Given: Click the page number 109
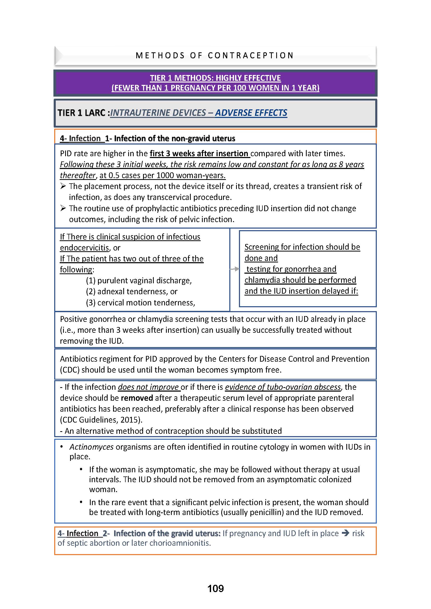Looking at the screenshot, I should (215, 589).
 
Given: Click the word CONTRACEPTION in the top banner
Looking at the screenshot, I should (250, 55).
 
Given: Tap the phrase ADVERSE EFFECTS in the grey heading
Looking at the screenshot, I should (251, 113).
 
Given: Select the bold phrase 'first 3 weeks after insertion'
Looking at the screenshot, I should (200, 153).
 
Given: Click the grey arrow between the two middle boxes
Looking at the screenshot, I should (234, 269).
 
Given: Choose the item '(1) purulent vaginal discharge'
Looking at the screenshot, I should (139, 280).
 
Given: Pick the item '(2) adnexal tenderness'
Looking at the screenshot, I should (131, 291).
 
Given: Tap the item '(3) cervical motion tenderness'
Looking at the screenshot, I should (140, 302).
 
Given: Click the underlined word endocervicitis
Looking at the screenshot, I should (84, 247).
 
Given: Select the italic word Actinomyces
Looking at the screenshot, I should (91, 447).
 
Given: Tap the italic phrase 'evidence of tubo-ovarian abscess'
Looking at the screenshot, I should (283, 387).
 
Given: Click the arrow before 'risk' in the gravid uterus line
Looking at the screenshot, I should (345, 533).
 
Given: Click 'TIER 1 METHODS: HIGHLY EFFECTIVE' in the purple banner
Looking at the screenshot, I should (215, 78).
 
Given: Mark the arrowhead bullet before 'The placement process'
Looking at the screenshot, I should (63, 186).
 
